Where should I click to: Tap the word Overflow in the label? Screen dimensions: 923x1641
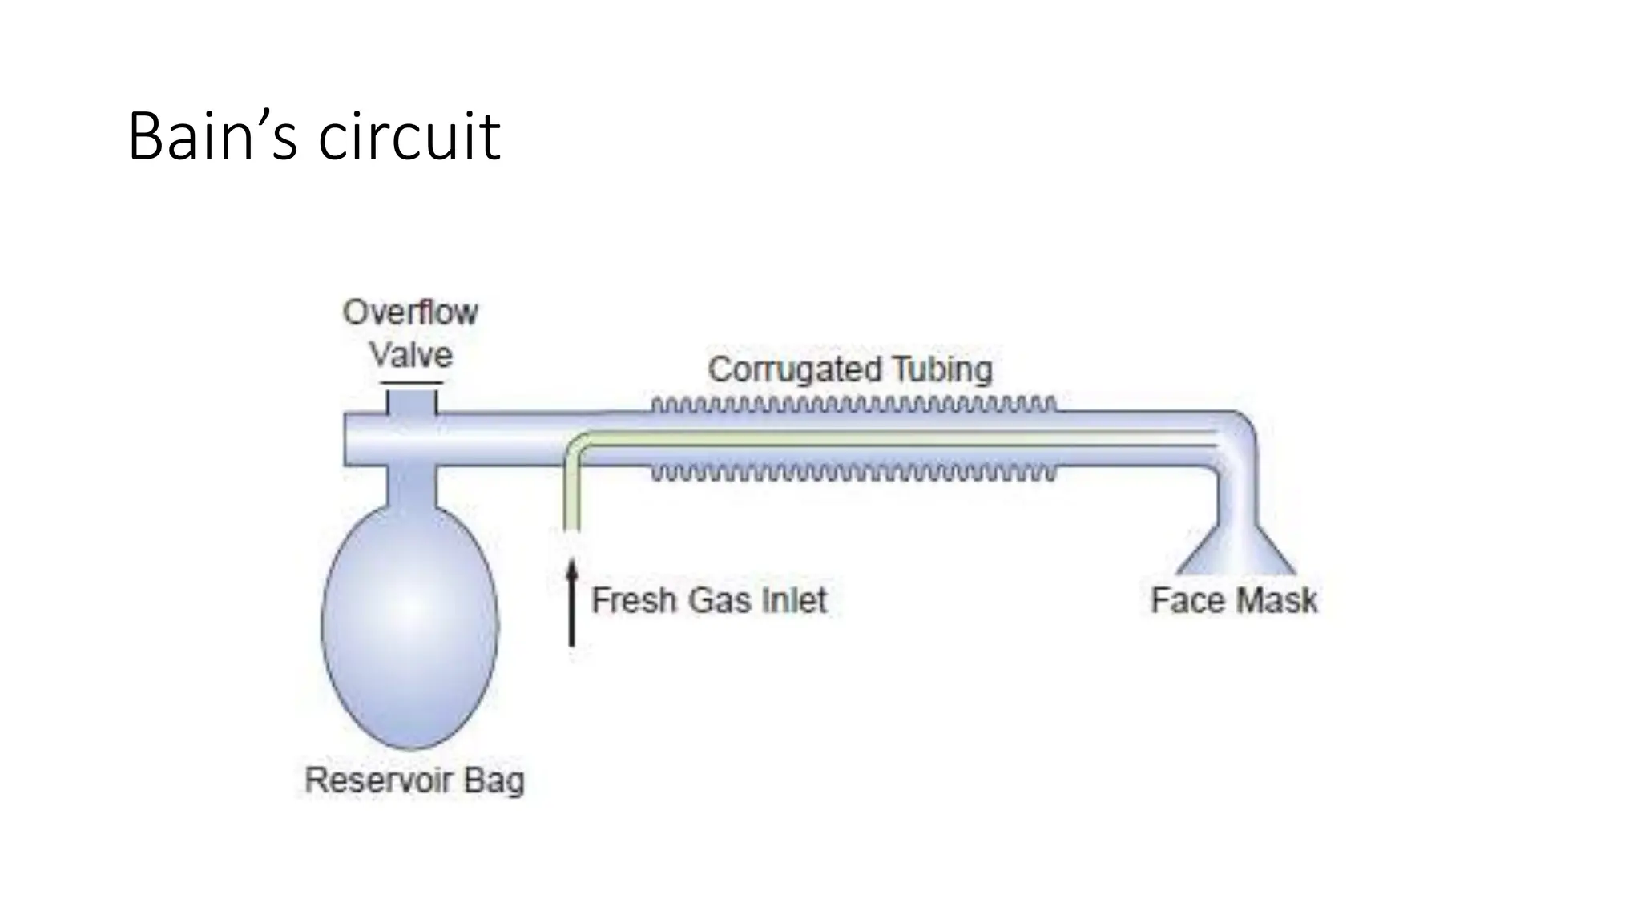pyautogui.click(x=410, y=312)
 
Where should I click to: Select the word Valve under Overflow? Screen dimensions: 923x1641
pyautogui.click(x=411, y=355)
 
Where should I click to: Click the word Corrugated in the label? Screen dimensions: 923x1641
pyautogui.click(x=793, y=370)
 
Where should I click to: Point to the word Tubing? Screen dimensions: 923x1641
pyautogui.click(x=942, y=369)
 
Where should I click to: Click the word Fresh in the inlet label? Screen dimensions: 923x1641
pyautogui.click(x=630, y=600)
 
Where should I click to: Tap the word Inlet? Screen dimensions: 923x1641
pyautogui.click(x=794, y=600)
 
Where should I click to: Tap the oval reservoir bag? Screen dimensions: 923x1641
pyautogui.click(x=410, y=625)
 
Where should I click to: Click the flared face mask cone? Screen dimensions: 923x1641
pyautogui.click(x=1236, y=553)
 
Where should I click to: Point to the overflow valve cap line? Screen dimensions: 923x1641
pyautogui.click(x=411, y=384)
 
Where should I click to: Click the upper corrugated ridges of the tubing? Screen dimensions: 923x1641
pyautogui.click(x=853, y=405)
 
